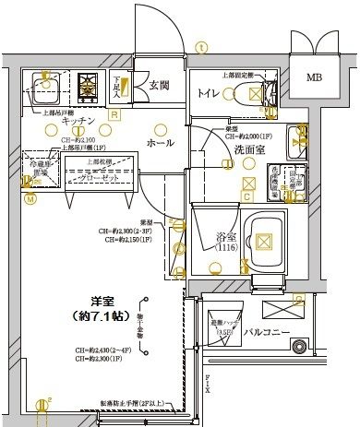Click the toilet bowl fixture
[248, 93]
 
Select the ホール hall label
[160, 143]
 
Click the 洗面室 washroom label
[250, 148]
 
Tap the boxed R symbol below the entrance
[114, 114]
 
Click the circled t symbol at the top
[201, 44]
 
